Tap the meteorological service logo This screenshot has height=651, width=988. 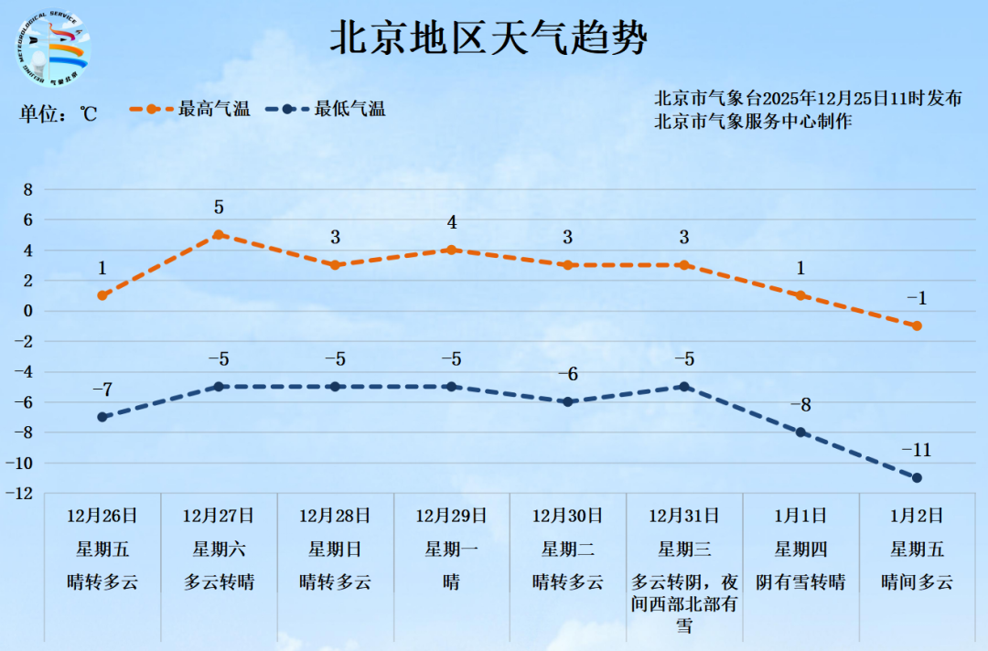tap(53, 49)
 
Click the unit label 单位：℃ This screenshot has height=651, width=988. tap(59, 113)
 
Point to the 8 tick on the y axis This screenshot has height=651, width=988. tap(27, 189)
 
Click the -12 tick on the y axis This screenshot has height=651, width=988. tap(24, 494)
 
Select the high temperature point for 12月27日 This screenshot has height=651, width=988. tap(219, 235)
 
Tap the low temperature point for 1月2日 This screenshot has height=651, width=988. tap(917, 477)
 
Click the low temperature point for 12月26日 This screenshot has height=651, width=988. tap(102, 417)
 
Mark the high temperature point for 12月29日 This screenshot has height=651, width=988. tap(451, 250)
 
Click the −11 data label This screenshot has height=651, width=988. tap(917, 450)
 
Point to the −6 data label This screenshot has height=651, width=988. tap(567, 374)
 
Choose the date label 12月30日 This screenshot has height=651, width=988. tap(567, 516)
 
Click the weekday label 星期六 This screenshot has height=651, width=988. tap(219, 550)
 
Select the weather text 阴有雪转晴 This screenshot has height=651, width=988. tap(800, 582)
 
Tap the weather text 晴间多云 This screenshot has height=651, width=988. tap(917, 582)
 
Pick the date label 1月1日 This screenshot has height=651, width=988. tap(800, 516)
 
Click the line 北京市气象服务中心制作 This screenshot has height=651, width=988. tap(753, 121)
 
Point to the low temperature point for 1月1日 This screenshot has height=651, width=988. tap(800, 432)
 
